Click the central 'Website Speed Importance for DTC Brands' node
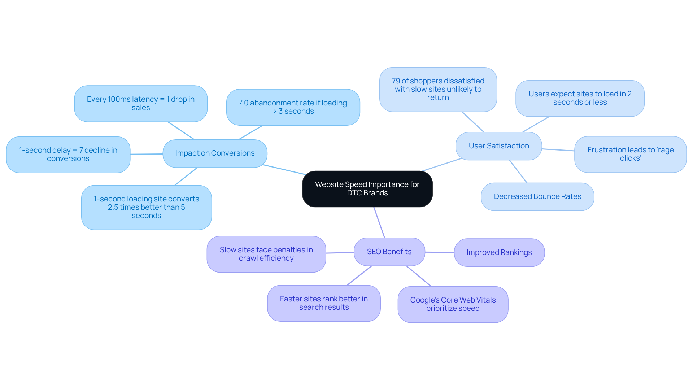point(367,189)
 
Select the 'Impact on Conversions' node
point(215,153)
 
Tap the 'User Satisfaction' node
point(498,146)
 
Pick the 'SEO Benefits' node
point(389,252)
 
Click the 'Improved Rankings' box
point(499,253)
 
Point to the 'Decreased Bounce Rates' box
point(537,197)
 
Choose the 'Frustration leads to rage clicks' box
point(630,154)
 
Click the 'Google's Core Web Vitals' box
point(453,304)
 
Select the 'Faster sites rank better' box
point(324,303)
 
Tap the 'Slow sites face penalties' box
point(266,254)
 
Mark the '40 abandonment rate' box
point(293,107)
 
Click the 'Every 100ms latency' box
point(140,104)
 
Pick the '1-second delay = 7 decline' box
point(68,155)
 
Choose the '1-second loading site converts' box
point(146,208)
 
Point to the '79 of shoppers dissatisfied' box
point(438,90)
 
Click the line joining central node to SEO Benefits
point(379,222)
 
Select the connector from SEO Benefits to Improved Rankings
point(439,252)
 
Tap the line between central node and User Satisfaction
point(442,165)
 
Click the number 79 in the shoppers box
point(396,81)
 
